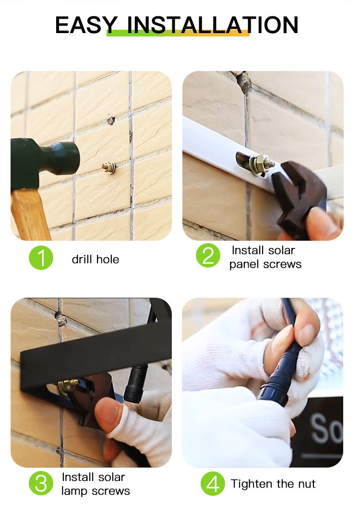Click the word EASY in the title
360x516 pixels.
pos(86,25)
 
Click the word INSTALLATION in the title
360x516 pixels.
pos(213,25)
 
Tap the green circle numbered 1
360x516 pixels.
pos(41,258)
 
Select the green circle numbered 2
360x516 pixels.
pos(208,256)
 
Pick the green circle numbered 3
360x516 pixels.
pos(41,483)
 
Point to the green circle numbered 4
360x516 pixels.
pos(213,483)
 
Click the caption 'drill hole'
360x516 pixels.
pos(96,259)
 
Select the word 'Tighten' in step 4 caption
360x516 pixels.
pos(252,484)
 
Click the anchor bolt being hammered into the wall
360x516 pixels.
pos(109,167)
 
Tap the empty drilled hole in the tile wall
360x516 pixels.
pos(111,120)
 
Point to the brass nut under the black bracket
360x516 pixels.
pos(68,386)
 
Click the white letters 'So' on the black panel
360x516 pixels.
pos(326,428)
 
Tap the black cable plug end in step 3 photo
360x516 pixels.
pos(135,383)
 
